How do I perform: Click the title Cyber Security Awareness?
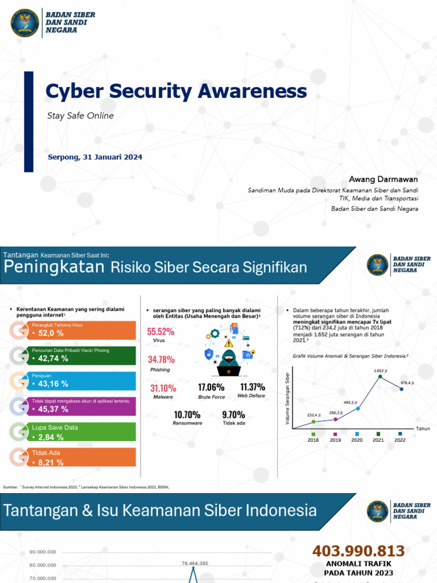tap(176, 92)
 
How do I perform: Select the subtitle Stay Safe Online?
tap(80, 116)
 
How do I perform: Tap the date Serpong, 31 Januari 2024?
tap(95, 157)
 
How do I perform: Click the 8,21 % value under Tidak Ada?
tap(51, 462)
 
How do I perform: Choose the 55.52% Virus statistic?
tap(161, 331)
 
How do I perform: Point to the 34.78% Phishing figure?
tap(161, 360)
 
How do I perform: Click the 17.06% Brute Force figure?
tap(211, 388)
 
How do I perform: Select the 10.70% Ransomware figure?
tap(187, 414)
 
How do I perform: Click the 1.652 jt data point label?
tap(381, 371)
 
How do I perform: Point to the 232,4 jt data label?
tap(314, 415)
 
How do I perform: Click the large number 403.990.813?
tap(358, 551)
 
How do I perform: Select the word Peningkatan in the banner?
tap(54, 268)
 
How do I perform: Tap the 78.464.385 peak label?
tap(195, 563)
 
